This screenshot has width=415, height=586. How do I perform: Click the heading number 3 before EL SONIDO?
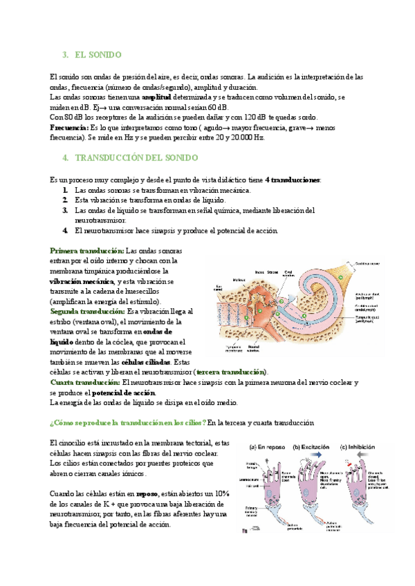(64, 54)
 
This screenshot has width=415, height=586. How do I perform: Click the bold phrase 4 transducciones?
(293, 180)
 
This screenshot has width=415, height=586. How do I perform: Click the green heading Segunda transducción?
(88, 311)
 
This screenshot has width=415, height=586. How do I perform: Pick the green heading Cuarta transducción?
(85, 382)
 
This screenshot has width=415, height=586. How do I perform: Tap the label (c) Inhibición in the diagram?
(363, 447)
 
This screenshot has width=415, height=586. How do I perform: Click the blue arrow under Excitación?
(312, 456)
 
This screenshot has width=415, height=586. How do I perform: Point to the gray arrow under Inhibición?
(363, 456)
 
